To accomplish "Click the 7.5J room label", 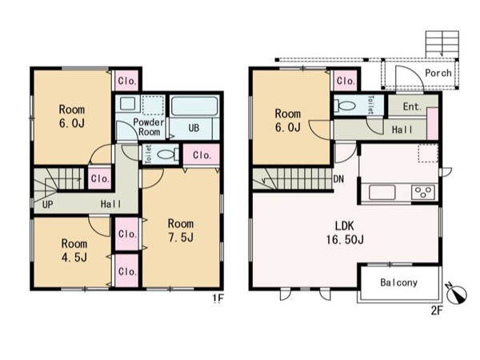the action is click(x=181, y=230).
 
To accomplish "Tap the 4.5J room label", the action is click(x=74, y=250).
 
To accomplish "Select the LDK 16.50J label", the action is click(x=344, y=233).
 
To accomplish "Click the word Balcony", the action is click(x=398, y=282).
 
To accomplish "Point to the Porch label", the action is click(x=438, y=73).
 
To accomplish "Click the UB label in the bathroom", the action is click(x=194, y=128).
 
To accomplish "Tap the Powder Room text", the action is click(x=149, y=127).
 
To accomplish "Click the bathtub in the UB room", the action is click(x=194, y=106).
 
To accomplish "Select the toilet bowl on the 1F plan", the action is click(x=167, y=154).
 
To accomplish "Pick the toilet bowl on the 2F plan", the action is click(x=345, y=106).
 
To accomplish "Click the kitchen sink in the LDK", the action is click(x=382, y=193).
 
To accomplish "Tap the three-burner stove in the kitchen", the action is click(x=422, y=193).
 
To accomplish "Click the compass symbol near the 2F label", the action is click(x=457, y=294).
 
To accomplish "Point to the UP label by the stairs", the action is click(x=47, y=205).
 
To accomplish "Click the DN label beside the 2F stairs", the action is click(x=338, y=179).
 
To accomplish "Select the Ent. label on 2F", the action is click(x=412, y=107).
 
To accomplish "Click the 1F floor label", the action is click(x=219, y=298).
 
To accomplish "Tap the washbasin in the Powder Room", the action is click(x=127, y=103).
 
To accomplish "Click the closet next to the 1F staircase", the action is click(x=100, y=178).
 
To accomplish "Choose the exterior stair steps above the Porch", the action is click(x=442, y=44).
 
